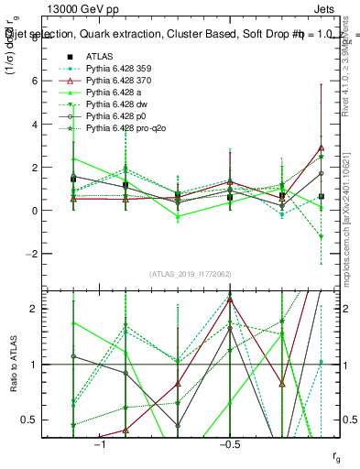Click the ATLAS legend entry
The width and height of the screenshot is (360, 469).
tap(100, 56)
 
